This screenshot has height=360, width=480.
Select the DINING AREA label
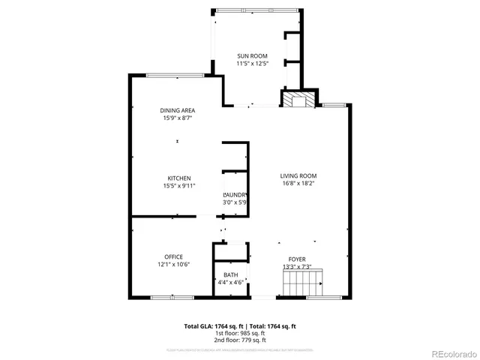[178, 110]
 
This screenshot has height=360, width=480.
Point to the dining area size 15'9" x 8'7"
[178, 118]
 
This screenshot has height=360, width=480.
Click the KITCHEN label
[178, 178]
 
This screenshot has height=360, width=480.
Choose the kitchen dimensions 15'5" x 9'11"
[178, 186]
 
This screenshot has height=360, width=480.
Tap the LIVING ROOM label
[299, 175]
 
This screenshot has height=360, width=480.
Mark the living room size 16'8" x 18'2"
[299, 183]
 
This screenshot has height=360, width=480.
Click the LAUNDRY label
[235, 194]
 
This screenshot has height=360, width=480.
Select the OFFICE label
[174, 256]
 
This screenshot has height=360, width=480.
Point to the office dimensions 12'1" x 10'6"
[174, 265]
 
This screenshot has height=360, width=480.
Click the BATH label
[230, 274]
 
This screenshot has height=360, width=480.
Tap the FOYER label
[297, 259]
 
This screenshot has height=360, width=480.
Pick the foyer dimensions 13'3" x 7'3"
[297, 267]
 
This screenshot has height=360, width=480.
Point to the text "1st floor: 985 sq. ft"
[240, 333]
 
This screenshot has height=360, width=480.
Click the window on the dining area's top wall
[175, 75]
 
